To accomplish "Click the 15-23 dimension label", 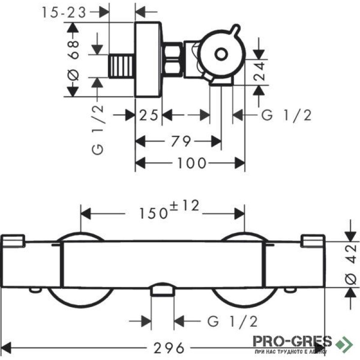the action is coord(64,12).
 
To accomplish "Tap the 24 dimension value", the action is coord(259,71).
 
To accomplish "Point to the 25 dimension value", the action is coord(148,115).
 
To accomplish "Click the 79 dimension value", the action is coord(181,141).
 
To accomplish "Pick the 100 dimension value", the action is coord(192,163).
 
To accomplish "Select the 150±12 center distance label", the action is coord(169,210).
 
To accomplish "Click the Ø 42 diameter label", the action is coord(351,265).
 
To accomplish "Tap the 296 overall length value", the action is coord(169,348).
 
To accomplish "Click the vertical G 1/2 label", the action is coord(97,130).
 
